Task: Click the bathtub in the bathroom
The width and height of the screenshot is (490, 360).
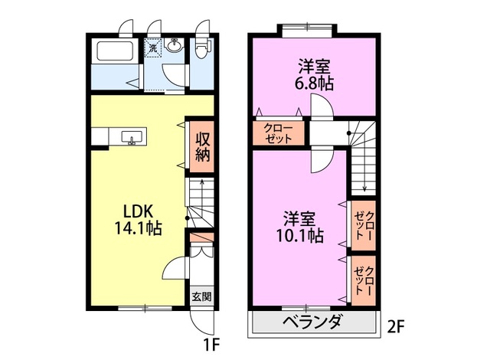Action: point(116,51)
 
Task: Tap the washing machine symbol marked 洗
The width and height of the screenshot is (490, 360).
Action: point(153,48)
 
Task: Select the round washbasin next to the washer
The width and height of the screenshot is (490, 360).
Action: point(174,46)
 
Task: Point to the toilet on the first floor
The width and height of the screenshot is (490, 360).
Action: point(201,49)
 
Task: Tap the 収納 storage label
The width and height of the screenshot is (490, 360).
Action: point(202,147)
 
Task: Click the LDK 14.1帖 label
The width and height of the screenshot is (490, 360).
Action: point(138,220)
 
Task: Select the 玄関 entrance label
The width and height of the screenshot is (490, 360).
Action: point(202,296)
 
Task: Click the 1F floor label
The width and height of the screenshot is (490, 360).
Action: point(212,345)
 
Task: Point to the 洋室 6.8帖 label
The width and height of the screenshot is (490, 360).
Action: point(314,75)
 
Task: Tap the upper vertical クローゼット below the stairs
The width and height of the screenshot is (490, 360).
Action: point(364,226)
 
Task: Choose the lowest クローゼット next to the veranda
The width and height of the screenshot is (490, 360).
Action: point(364,280)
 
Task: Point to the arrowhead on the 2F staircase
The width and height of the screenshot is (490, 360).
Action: point(364,188)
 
